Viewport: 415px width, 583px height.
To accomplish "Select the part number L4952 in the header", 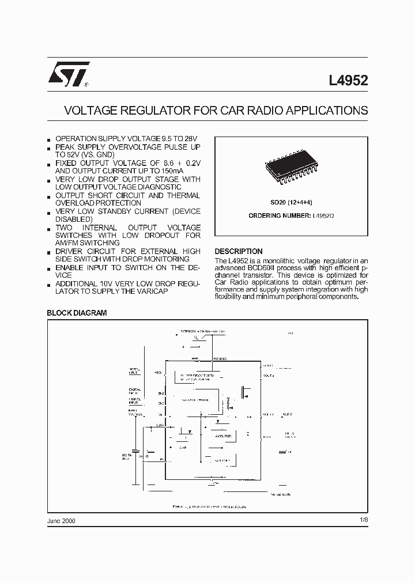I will (x=349, y=81).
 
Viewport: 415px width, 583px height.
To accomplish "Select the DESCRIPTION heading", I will (x=238, y=251).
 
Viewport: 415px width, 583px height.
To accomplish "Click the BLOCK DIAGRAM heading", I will (x=77, y=313).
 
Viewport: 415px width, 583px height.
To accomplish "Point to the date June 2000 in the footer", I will (x=61, y=520).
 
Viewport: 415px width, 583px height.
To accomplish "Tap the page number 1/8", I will (x=363, y=520).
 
